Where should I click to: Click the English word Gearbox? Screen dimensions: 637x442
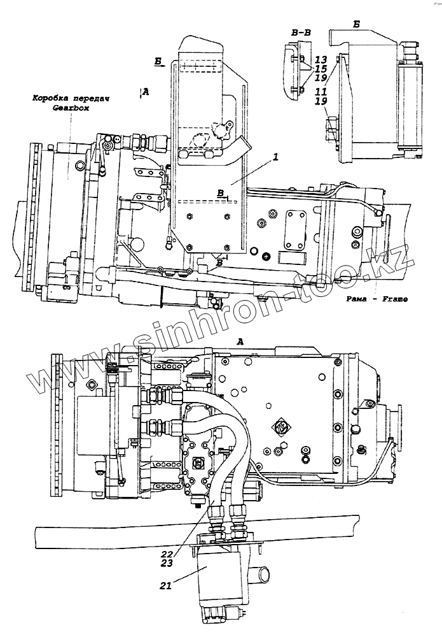[71, 109]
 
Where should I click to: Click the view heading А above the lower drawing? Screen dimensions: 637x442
[240, 341]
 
